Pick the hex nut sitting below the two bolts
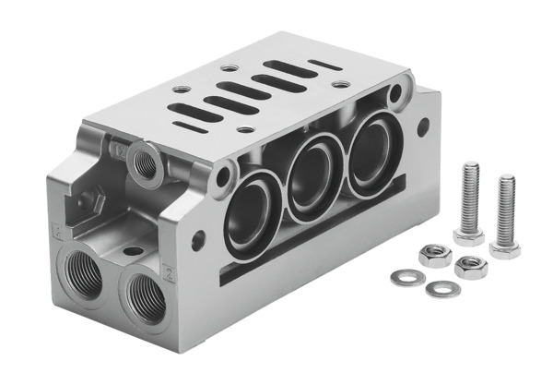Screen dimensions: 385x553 (x=470, y=268)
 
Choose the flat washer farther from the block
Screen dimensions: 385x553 (x=442, y=289)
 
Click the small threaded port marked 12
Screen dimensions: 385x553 (x=146, y=161)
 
